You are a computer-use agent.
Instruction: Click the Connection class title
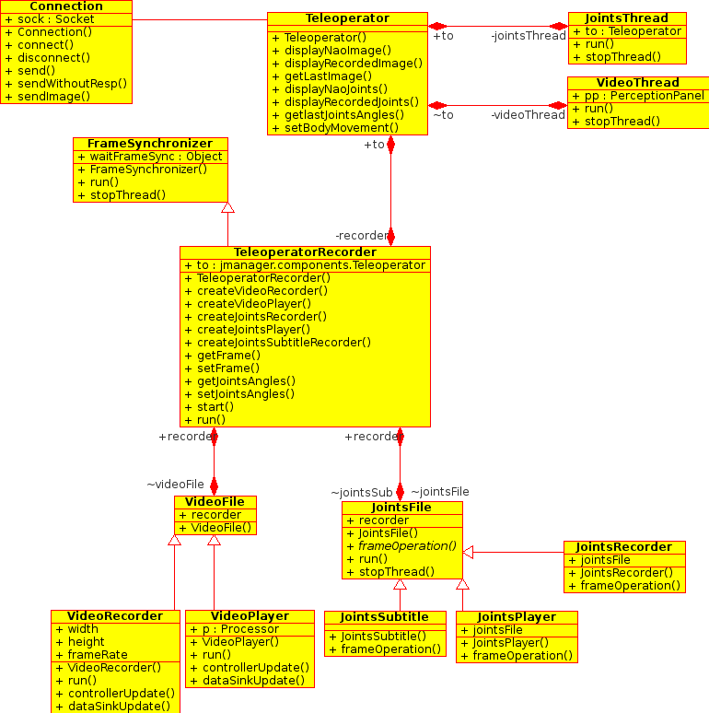tap(66, 6)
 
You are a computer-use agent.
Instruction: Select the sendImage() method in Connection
tap(53, 97)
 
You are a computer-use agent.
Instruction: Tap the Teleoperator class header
tap(347, 18)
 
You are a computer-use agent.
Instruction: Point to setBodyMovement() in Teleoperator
tap(342, 128)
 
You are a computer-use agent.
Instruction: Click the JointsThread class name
tap(627, 18)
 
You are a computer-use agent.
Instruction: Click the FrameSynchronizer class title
tap(150, 144)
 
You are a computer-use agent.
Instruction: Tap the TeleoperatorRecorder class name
tap(305, 252)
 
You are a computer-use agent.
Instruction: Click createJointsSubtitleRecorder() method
tap(284, 343)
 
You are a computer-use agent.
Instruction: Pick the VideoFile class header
tap(215, 502)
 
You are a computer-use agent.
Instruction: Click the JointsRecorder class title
tap(624, 547)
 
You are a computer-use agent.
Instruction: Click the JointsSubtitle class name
tap(385, 617)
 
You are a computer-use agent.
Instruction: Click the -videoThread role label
tap(528, 115)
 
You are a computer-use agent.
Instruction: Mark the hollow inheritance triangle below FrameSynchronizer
tap(227, 207)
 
